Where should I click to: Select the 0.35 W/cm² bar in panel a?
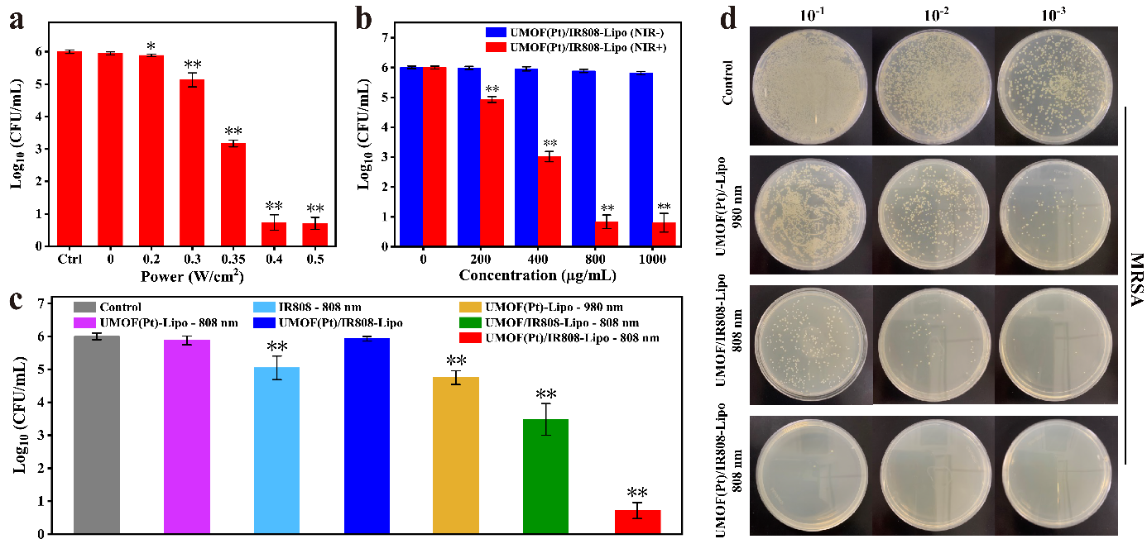pos(234,194)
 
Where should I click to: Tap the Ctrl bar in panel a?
pos(70,149)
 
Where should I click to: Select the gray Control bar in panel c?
pos(97,435)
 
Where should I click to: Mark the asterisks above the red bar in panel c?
pos(637,493)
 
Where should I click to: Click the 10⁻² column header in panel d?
pos(932,15)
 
